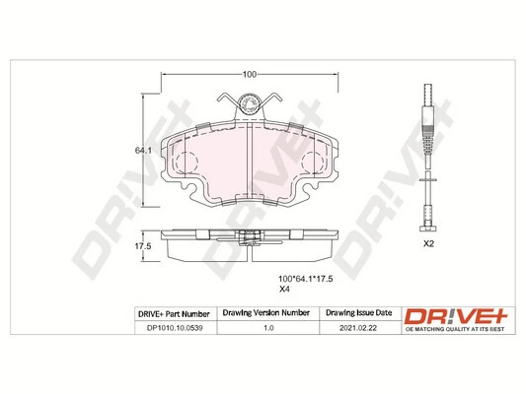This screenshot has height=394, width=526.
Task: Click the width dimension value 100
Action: point(249,74)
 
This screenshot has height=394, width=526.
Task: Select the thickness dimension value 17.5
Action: point(141,245)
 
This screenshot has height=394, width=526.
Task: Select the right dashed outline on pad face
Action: point(312,163)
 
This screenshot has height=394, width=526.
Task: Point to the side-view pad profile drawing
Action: point(249,245)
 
